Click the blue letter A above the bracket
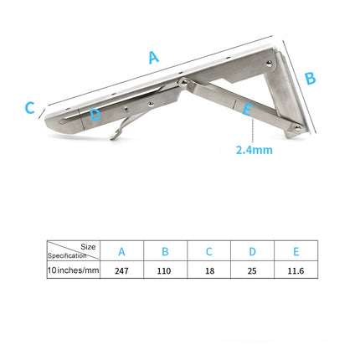[x=152, y=58]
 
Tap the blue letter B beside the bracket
[x=310, y=78]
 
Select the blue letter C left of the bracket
[x=29, y=108]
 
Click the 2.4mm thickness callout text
[x=255, y=151]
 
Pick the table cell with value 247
[x=121, y=271]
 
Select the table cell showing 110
[x=165, y=271]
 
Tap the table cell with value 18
[x=208, y=271]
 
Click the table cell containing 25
[x=252, y=271]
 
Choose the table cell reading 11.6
[x=296, y=271]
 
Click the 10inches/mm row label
[x=74, y=271]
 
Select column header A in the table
[x=121, y=252]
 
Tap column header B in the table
[x=165, y=252]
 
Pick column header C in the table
[x=208, y=252]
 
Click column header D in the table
[x=252, y=252]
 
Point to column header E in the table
[x=296, y=252]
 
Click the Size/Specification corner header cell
[x=74, y=251]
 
